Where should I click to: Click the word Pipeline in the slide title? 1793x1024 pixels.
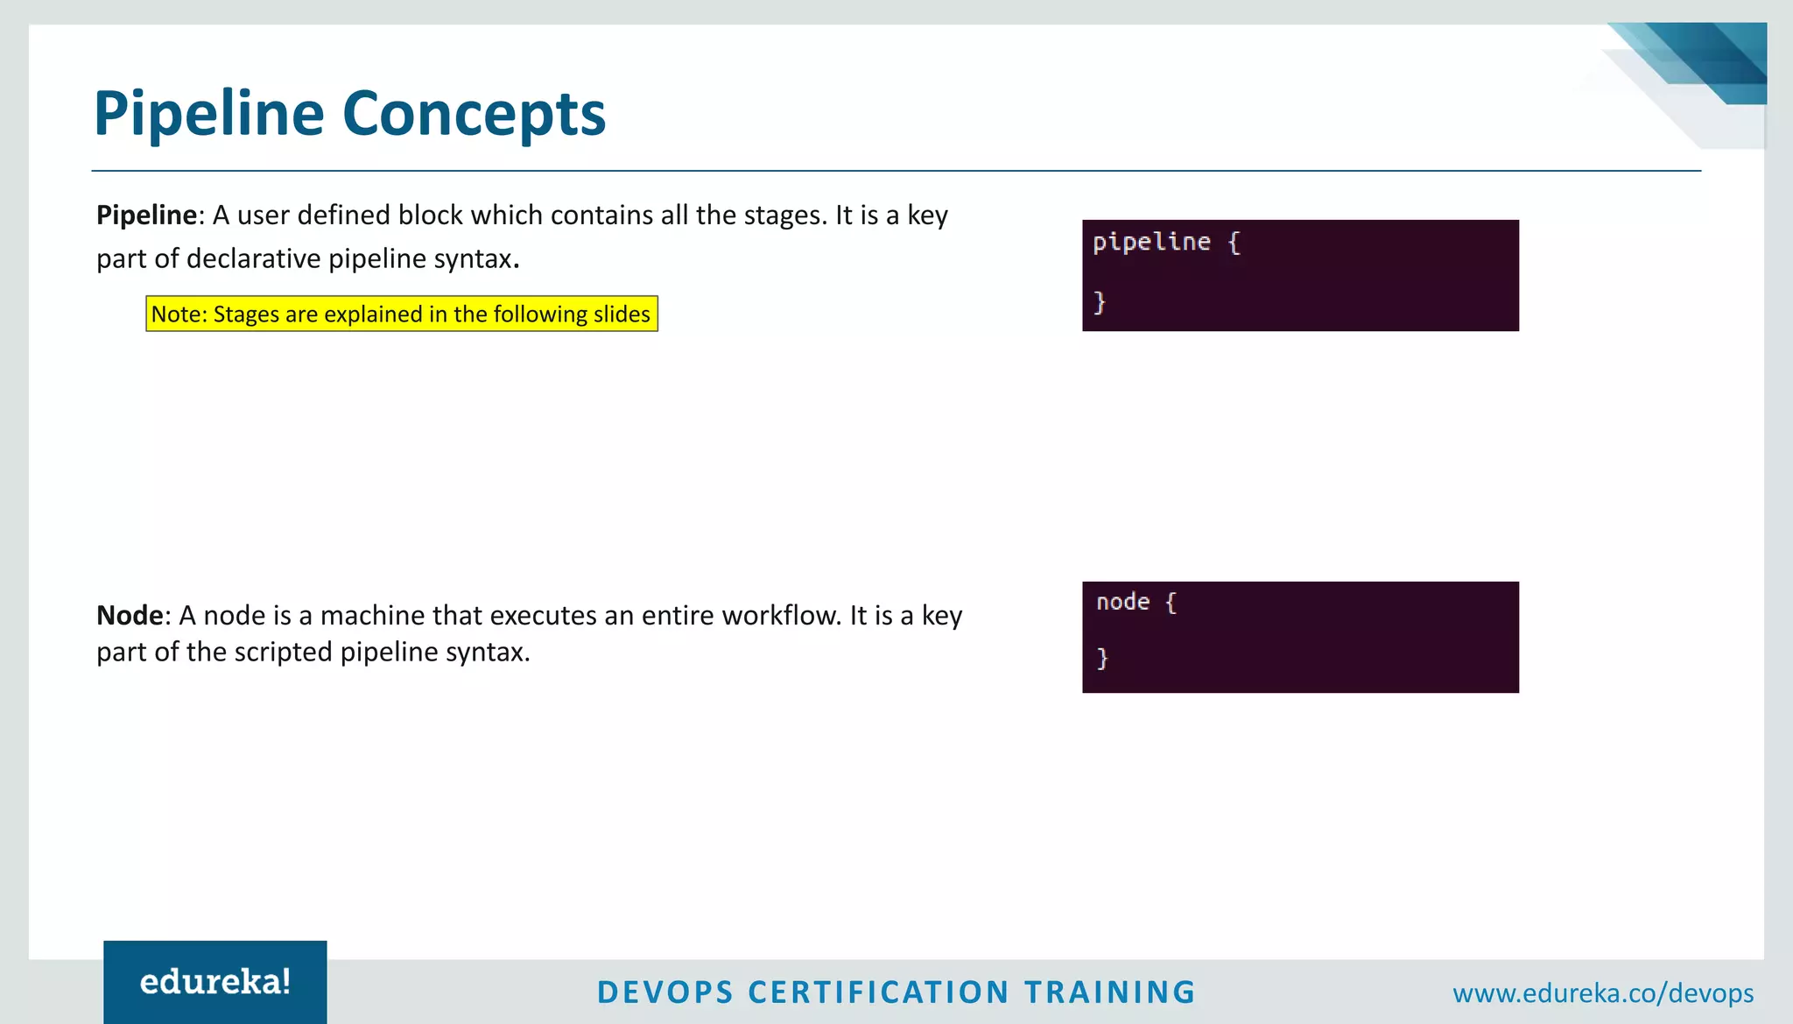tap(208, 114)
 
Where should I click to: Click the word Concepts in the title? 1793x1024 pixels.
tap(474, 114)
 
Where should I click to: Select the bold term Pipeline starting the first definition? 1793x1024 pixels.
tap(146, 215)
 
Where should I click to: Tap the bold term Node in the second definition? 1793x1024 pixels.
tap(130, 616)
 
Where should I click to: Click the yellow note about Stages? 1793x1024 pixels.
tap(401, 314)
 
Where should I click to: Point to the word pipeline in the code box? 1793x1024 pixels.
tap(1151, 242)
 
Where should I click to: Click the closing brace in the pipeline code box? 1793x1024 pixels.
tap(1100, 302)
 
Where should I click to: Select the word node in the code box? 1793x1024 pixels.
tap(1122, 602)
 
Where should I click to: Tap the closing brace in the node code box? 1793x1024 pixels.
tap(1102, 658)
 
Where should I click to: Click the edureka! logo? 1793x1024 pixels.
tap(215, 982)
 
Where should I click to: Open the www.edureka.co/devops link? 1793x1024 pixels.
tap(1603, 993)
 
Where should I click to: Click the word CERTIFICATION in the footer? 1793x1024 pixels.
tap(879, 992)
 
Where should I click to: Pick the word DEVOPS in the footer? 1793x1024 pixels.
tap(664, 992)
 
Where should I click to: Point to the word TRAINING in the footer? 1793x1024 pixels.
tap(1109, 992)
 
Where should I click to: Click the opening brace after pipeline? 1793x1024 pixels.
tap(1234, 243)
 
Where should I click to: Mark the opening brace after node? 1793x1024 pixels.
tap(1171, 603)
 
